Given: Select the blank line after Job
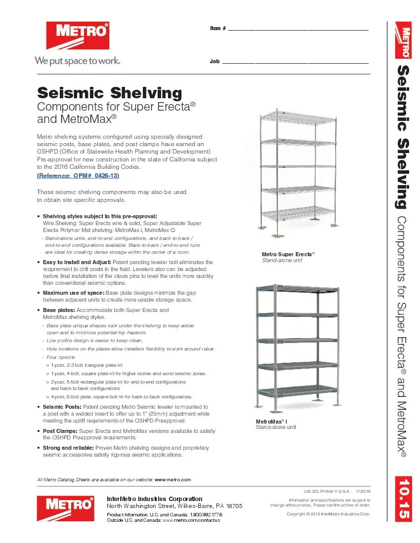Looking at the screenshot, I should (x=295, y=62).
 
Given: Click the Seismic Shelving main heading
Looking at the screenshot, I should (x=110, y=93).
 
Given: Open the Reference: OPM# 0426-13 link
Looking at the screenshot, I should (x=78, y=176).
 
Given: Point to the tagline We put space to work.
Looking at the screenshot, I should (x=77, y=61).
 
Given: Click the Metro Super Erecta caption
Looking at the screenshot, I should (x=288, y=254).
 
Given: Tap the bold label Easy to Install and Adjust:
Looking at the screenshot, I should (x=77, y=262).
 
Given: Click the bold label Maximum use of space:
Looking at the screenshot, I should (x=74, y=293).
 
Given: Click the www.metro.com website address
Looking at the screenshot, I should (x=172, y=479).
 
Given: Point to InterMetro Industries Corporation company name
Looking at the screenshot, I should (x=155, y=499).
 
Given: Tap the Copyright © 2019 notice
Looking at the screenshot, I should (x=329, y=514).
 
